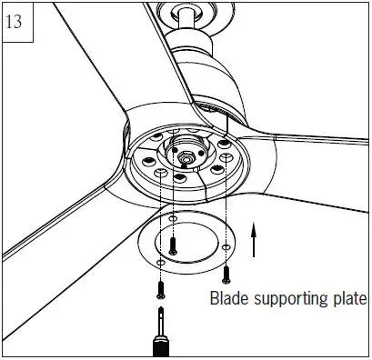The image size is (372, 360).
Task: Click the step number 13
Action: [x=15, y=22]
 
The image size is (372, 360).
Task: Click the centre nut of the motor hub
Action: [x=186, y=156]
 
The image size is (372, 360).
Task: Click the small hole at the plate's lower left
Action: [x=159, y=265]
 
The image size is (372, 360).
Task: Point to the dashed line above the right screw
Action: [x=226, y=209]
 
